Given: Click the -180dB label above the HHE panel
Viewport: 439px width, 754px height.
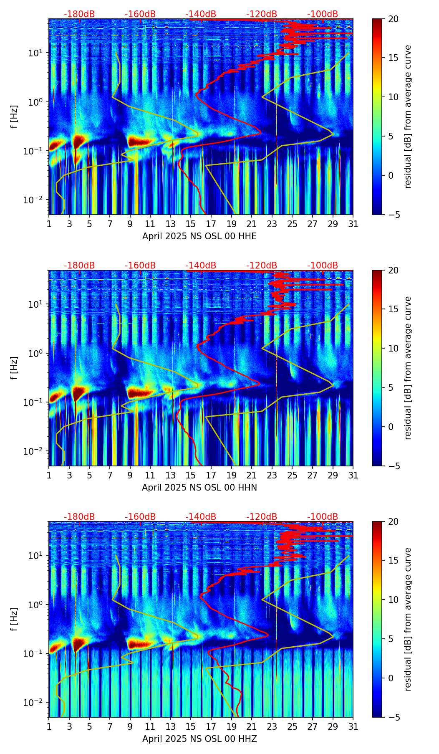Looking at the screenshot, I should (x=79, y=14).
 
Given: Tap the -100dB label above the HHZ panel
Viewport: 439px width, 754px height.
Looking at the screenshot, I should (x=323, y=517).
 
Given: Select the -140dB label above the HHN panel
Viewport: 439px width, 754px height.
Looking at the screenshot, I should (x=201, y=266).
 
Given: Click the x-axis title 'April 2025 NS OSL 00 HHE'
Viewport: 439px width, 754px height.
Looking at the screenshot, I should (x=199, y=236).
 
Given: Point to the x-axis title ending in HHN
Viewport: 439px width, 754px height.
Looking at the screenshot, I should (x=199, y=488).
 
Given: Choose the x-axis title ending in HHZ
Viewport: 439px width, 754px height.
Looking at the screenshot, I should (x=199, y=739).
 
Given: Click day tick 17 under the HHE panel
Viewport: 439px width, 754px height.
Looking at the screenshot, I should (x=211, y=224).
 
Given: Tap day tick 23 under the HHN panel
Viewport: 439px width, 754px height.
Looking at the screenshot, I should (x=272, y=476).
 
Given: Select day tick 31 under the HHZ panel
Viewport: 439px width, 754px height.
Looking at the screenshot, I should (x=353, y=727).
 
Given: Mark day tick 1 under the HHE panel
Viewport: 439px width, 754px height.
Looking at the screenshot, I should (x=49, y=224).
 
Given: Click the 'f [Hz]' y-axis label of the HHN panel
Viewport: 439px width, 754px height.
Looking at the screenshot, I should (x=15, y=368).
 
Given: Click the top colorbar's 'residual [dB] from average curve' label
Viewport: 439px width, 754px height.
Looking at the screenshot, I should (x=408, y=117).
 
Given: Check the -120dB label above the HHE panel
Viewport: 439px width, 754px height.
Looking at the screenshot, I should (x=262, y=14).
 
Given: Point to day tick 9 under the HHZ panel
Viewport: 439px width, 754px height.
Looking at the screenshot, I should (x=130, y=727).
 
